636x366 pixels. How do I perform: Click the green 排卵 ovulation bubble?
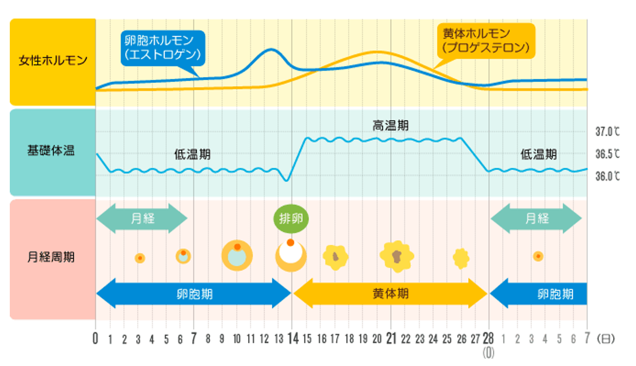click(291, 219)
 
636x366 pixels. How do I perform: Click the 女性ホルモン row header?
click(53, 61)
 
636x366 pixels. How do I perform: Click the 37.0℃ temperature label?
click(608, 132)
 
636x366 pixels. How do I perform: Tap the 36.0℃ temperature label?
click(608, 176)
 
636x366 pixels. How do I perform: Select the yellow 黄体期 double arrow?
click(390, 294)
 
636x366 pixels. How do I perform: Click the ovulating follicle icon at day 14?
click(291, 256)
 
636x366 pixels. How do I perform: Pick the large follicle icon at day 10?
click(237, 256)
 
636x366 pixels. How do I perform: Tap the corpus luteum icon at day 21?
click(396, 256)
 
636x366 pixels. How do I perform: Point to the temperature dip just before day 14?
click(287, 180)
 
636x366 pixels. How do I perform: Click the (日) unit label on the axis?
click(606, 339)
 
